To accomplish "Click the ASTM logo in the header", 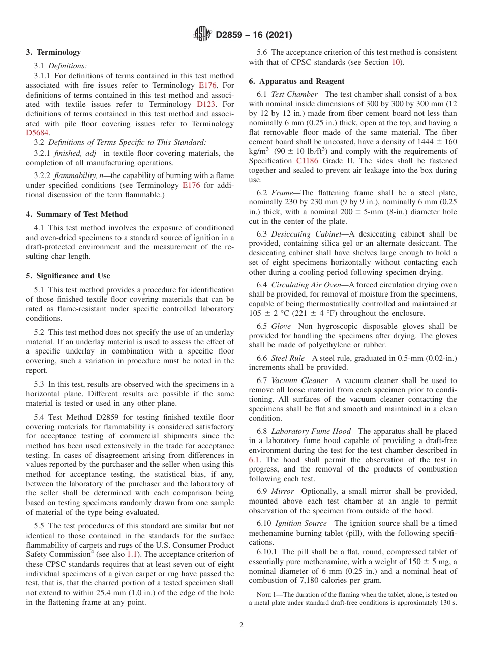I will point(203,35).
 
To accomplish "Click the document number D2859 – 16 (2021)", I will point(254,35).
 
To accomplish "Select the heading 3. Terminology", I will point(53,52).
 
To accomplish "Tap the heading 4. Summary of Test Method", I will point(77,214).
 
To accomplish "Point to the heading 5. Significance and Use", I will point(68,276).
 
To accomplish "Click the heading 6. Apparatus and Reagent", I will point(296,81).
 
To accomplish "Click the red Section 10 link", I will point(395,62).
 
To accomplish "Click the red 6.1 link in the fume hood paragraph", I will point(254,460).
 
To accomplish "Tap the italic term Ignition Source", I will point(303,523).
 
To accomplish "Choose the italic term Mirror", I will point(283,491).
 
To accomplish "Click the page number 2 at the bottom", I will point(242,625).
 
